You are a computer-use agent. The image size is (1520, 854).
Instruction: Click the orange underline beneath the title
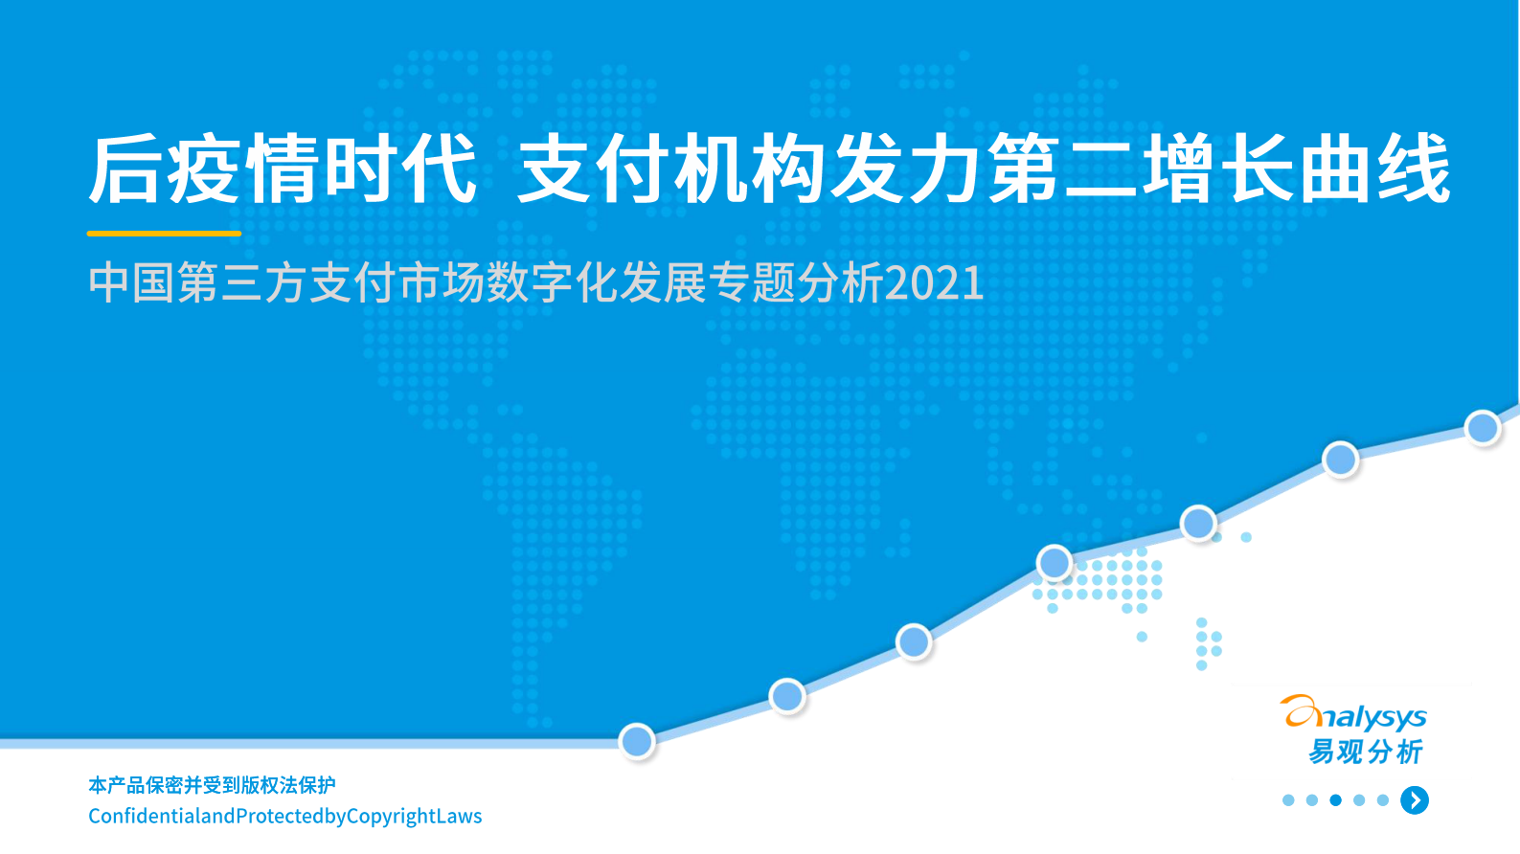point(164,233)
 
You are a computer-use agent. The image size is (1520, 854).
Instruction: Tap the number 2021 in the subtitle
point(934,283)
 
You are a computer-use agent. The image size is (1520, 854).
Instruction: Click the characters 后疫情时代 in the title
point(283,169)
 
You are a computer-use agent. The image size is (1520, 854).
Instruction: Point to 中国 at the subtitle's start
point(131,283)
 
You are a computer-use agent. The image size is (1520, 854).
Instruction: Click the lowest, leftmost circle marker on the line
point(637,741)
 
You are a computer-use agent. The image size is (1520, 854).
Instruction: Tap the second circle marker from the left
point(787,696)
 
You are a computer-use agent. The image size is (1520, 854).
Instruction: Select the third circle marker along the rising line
point(914,641)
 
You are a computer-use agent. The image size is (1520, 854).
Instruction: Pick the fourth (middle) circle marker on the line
point(1055,563)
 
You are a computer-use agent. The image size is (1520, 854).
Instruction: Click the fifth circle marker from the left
point(1198,523)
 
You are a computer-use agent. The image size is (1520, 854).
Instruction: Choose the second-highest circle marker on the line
point(1340,460)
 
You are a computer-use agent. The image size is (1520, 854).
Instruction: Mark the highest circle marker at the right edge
point(1483,427)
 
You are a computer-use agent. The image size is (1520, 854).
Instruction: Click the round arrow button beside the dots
point(1415,800)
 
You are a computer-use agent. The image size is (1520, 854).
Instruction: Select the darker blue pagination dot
point(1335,800)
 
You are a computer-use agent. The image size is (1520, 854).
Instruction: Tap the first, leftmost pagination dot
point(1288,800)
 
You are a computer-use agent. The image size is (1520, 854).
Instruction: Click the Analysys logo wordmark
point(1354,714)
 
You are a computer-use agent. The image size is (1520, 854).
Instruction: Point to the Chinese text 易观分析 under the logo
point(1366,752)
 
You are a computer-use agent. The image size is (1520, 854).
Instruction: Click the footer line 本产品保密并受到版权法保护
point(212,785)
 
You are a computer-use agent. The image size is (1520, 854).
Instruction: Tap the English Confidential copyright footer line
point(284,816)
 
